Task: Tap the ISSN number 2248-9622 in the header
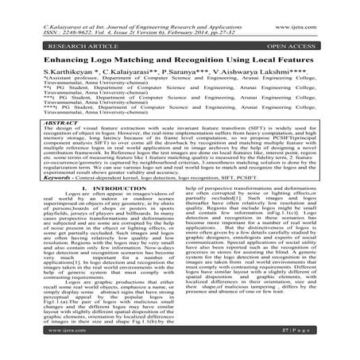(x=60, y=13)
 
